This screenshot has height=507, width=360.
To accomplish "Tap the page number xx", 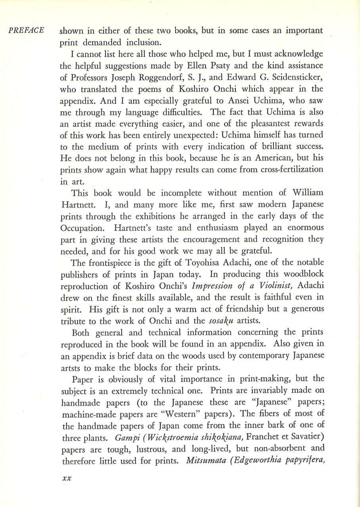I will pos(65,478).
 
